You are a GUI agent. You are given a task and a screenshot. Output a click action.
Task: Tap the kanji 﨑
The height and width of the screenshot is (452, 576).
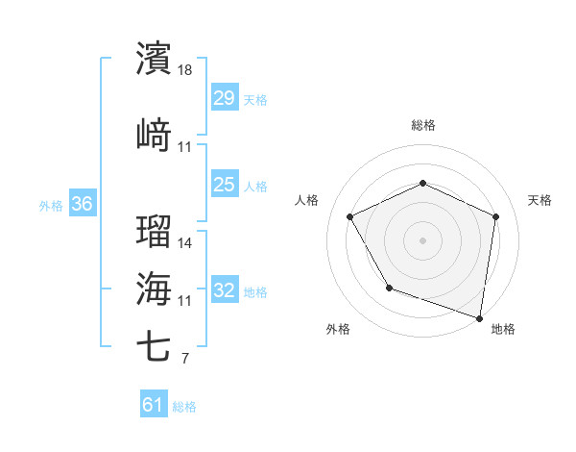point(155,135)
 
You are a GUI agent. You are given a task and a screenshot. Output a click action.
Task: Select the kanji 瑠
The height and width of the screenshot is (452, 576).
point(155,231)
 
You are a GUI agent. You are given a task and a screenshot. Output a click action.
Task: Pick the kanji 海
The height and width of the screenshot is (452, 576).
point(155,289)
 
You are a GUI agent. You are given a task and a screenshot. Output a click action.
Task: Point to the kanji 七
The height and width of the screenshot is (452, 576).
point(155,347)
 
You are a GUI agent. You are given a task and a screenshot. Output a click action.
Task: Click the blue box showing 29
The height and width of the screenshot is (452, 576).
point(225,98)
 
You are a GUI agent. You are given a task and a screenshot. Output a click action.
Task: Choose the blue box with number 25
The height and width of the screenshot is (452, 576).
point(225,185)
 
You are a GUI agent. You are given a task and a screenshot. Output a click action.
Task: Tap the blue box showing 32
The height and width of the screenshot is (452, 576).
point(225,290)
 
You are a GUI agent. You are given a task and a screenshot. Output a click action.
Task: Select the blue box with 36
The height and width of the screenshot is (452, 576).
point(82,204)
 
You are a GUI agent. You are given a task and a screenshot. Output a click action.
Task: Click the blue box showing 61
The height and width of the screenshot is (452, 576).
point(154,405)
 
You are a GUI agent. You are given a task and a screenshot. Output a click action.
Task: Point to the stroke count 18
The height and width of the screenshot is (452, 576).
point(185,70)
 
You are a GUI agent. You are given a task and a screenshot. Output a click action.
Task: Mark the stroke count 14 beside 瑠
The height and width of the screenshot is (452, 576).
point(185,243)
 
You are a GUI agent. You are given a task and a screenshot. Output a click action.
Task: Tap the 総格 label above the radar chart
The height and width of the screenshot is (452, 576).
point(423,125)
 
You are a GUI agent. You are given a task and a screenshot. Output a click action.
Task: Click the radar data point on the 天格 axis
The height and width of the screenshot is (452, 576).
point(496,216)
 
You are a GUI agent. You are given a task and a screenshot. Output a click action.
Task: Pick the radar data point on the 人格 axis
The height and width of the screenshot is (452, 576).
point(350,216)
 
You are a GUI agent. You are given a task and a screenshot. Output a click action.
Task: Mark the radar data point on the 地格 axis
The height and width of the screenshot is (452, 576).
point(479,317)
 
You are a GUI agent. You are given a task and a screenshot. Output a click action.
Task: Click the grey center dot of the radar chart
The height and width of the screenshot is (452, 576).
point(423,239)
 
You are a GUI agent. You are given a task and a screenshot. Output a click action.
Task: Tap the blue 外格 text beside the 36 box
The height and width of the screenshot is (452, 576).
point(51,205)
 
